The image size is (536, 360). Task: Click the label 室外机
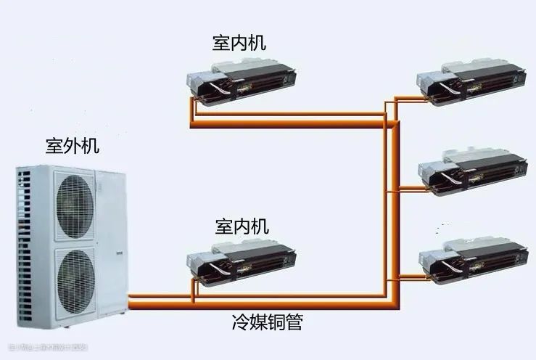[72, 146]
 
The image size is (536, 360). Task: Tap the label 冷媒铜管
[268, 322]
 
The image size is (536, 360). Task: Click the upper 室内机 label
[239, 42]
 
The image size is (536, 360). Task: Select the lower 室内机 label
[242, 226]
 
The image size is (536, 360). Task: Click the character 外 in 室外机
[72, 146]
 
